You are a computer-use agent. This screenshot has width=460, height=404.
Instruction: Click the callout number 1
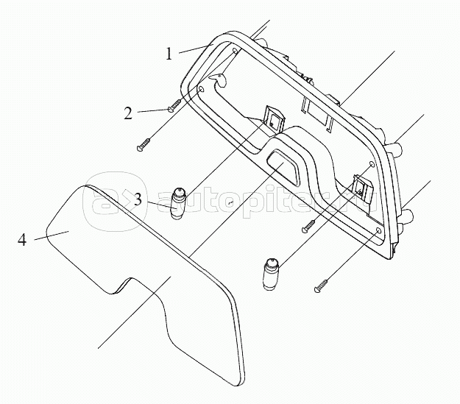(x=169, y=54)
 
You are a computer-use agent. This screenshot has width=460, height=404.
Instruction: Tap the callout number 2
(x=128, y=113)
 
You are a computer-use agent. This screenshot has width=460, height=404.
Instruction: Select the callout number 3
(x=138, y=199)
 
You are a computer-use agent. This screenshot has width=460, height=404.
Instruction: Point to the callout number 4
(x=22, y=241)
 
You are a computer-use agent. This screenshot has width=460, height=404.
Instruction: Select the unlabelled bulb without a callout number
(x=271, y=274)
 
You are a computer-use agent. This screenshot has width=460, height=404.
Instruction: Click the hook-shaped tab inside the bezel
(x=218, y=79)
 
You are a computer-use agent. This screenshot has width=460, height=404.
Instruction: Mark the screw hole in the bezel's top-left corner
(x=236, y=51)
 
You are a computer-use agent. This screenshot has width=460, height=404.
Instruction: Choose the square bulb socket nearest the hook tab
(x=275, y=120)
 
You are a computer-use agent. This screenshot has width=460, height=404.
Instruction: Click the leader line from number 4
(x=52, y=235)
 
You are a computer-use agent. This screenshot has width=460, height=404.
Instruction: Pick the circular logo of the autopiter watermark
(x=114, y=202)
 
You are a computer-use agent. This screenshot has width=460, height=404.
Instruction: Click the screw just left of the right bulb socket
(x=308, y=226)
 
